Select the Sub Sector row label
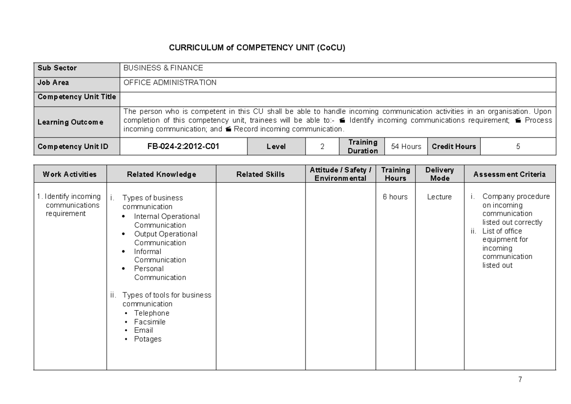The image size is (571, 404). [x=57, y=68]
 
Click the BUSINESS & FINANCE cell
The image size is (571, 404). [x=163, y=68]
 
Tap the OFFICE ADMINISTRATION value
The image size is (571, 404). [x=170, y=82]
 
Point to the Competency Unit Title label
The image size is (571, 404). [x=77, y=97]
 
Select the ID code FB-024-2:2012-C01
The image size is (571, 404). [x=183, y=146]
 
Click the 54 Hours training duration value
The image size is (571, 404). [x=406, y=146]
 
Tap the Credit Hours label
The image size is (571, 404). [x=453, y=146]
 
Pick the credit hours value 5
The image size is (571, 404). [x=518, y=146]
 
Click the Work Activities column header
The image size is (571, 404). [x=69, y=174]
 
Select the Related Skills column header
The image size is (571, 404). [x=260, y=174]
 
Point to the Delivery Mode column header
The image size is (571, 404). [x=439, y=174]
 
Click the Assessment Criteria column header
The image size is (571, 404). [x=509, y=174]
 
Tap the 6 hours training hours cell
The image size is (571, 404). [x=395, y=197]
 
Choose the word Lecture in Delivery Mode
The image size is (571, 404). [x=439, y=197]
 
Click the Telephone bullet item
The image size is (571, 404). [x=151, y=313]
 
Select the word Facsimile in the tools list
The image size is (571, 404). [x=150, y=322]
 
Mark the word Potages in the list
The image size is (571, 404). [x=148, y=339]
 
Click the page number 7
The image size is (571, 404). [x=520, y=379]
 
